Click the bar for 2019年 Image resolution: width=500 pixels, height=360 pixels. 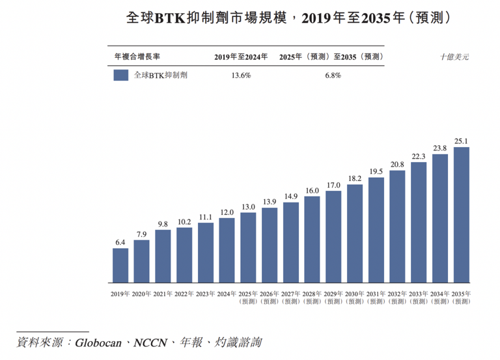[120, 266]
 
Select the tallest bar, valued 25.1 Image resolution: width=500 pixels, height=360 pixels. [462, 215]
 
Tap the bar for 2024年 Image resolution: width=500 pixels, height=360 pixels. [227, 251]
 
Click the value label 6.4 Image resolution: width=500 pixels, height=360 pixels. [120, 243]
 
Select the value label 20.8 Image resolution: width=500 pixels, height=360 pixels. [398, 165]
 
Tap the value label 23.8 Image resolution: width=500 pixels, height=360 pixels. [440, 148]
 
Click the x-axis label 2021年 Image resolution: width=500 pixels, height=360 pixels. [163, 294]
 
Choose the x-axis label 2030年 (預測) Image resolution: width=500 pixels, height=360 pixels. [355, 298]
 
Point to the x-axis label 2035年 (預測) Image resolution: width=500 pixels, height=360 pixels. [462, 298]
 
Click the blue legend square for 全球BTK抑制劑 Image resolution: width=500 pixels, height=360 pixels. [120, 76]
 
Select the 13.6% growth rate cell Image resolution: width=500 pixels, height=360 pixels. [242, 76]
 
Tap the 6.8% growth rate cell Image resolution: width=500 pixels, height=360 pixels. [332, 76]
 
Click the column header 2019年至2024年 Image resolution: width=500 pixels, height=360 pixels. [242, 57]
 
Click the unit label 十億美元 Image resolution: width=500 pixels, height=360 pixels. [454, 57]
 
